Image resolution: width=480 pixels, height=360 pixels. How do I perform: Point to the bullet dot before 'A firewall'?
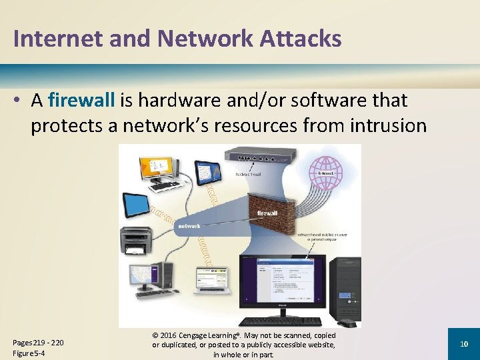tap(20, 101)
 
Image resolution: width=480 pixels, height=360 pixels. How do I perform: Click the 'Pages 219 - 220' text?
tap(39, 343)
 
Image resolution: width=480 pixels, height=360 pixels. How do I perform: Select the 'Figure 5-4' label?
tap(28, 353)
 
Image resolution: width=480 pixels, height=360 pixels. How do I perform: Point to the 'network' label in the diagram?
tap(189, 226)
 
